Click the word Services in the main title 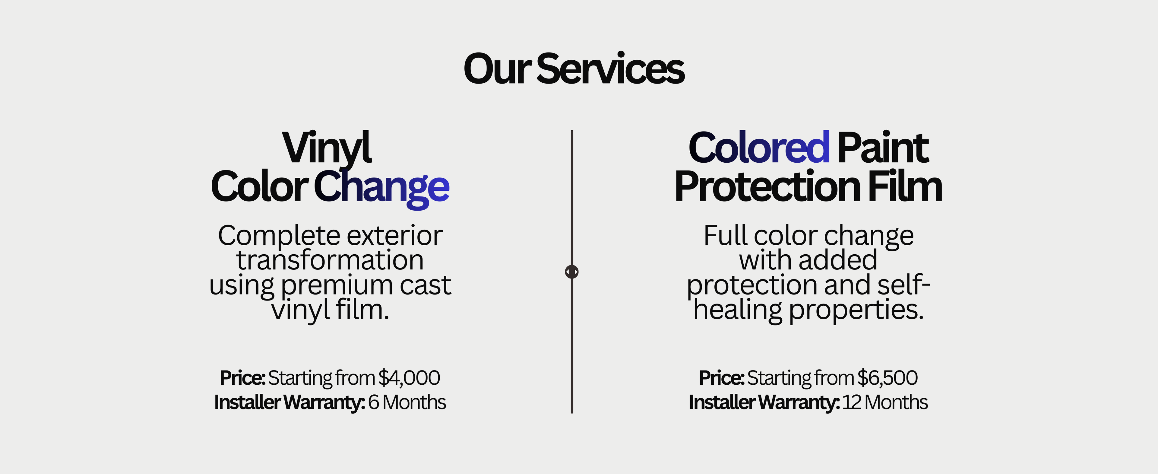[610, 69]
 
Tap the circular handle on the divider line [572, 272]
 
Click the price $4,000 [409, 378]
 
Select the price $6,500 [887, 378]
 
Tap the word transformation [330, 260]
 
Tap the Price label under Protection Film [722, 378]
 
